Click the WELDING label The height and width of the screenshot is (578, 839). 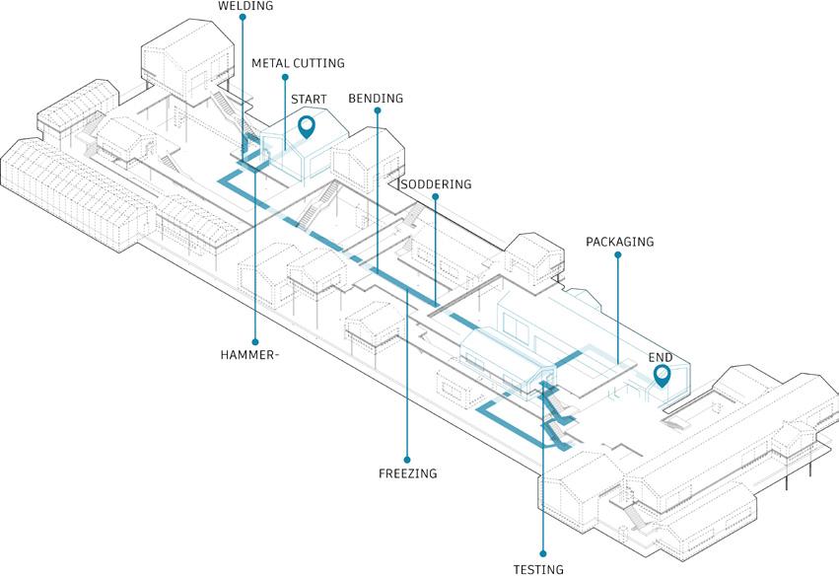[245, 6]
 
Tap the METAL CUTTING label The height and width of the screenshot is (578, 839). [298, 63]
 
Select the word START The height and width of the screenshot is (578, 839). [309, 100]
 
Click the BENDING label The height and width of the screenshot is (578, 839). [376, 100]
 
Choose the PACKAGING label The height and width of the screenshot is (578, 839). [619, 242]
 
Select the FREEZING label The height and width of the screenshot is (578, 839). [407, 473]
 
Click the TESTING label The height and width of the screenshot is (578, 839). [538, 569]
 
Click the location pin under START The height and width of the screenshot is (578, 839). [307, 126]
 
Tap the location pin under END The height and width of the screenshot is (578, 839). [662, 376]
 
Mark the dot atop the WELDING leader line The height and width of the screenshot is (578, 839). [243, 18]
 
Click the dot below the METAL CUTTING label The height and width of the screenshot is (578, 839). [284, 76]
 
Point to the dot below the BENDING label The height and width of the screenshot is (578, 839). [376, 111]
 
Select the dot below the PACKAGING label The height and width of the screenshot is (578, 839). [618, 254]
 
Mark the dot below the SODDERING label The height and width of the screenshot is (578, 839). [434, 196]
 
